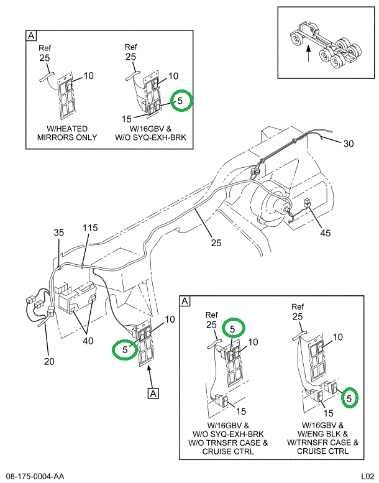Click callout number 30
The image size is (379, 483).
tap(349, 143)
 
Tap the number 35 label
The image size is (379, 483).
tap(58, 233)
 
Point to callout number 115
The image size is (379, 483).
tap(90, 229)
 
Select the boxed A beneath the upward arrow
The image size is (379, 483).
tap(151, 392)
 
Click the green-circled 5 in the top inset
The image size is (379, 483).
tap(181, 99)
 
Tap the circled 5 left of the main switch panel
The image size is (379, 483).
tap(124, 349)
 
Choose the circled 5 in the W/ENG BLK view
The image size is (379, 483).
tap(350, 395)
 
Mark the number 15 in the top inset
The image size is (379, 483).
tap(127, 118)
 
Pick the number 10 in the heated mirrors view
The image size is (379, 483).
tap(88, 76)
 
